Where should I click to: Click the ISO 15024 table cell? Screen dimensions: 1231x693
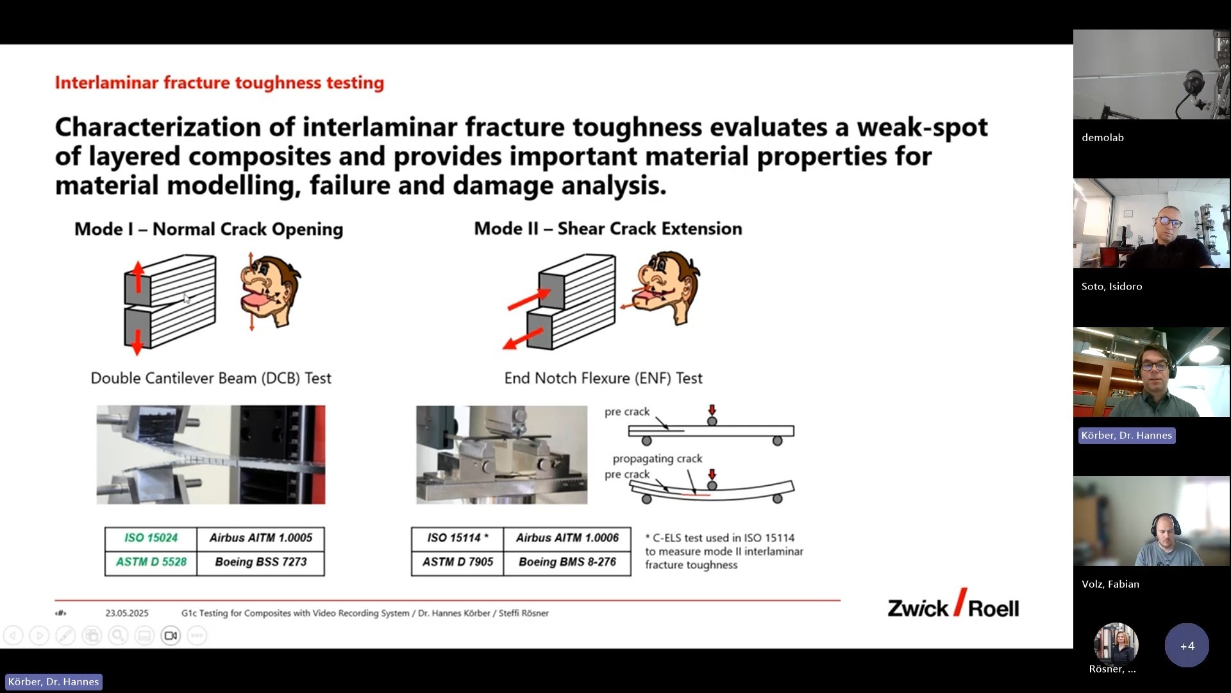click(x=151, y=538)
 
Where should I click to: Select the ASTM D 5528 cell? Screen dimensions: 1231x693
click(x=151, y=563)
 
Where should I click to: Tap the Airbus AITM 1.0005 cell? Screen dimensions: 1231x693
click(x=261, y=538)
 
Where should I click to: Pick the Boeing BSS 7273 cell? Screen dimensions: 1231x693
click(x=261, y=563)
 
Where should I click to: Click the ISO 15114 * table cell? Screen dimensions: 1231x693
click(x=458, y=538)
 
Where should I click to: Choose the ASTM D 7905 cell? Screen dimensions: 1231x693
click(x=458, y=563)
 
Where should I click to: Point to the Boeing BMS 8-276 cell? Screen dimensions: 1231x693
click(x=567, y=563)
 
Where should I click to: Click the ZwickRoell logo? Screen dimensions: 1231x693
click(x=953, y=604)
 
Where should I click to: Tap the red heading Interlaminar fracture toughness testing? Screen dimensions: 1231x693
click(x=219, y=83)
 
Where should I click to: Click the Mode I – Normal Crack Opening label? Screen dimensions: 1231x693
click(x=209, y=229)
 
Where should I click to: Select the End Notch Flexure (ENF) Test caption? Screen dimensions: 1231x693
click(x=603, y=379)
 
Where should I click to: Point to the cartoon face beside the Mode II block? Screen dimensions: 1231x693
click(x=666, y=288)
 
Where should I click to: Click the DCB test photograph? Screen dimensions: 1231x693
click(x=211, y=454)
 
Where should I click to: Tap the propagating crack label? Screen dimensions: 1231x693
click(x=657, y=459)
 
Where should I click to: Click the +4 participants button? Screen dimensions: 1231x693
click(x=1187, y=646)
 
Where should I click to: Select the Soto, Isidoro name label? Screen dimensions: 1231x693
click(x=1112, y=287)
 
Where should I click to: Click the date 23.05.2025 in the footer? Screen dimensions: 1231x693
click(x=127, y=613)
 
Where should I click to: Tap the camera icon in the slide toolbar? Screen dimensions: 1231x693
click(x=171, y=636)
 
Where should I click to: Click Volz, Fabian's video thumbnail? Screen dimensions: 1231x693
click(x=1151, y=521)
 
